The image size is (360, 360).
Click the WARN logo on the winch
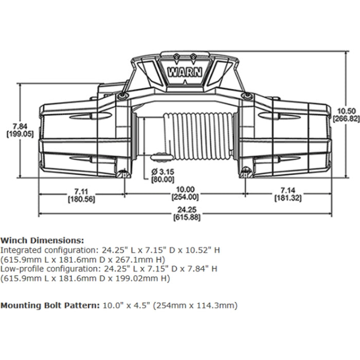[x=184, y=71]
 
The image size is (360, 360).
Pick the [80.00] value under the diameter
[x=162, y=179]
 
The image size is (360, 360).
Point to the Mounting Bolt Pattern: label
[x=49, y=305]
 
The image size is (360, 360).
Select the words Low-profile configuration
[x=43, y=269]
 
